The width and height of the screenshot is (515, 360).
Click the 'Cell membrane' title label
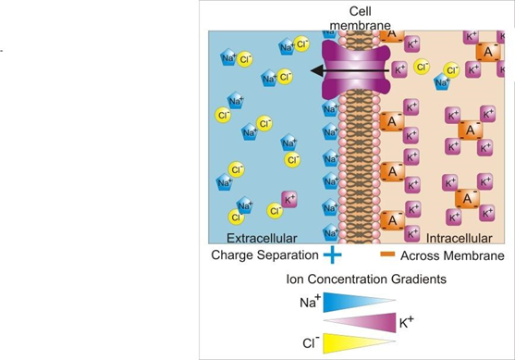[360, 19]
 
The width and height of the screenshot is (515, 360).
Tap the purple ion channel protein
[356, 70]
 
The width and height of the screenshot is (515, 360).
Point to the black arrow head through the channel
[316, 70]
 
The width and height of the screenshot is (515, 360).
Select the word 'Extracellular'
[262, 238]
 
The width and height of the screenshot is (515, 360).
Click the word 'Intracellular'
[459, 238]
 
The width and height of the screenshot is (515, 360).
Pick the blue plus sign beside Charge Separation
[332, 254]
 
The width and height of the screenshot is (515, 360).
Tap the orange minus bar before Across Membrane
[387, 254]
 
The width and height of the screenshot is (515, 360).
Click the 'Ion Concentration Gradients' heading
[366, 279]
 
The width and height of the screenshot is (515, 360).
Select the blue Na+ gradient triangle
[359, 302]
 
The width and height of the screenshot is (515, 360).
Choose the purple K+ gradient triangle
[361, 323]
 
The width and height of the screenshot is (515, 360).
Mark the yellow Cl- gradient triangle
[359, 343]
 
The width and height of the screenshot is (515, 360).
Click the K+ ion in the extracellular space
[289, 200]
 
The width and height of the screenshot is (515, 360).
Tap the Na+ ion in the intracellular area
[442, 81]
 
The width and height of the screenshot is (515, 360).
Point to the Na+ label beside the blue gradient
[310, 301]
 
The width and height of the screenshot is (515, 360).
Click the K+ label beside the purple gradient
[407, 322]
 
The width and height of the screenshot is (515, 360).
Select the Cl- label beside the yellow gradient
[311, 342]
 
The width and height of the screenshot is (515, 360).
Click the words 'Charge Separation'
[264, 255]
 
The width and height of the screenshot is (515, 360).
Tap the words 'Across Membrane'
[452, 255]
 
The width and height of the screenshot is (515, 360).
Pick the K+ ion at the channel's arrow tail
[399, 69]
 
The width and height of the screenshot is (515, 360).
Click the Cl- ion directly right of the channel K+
[422, 67]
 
